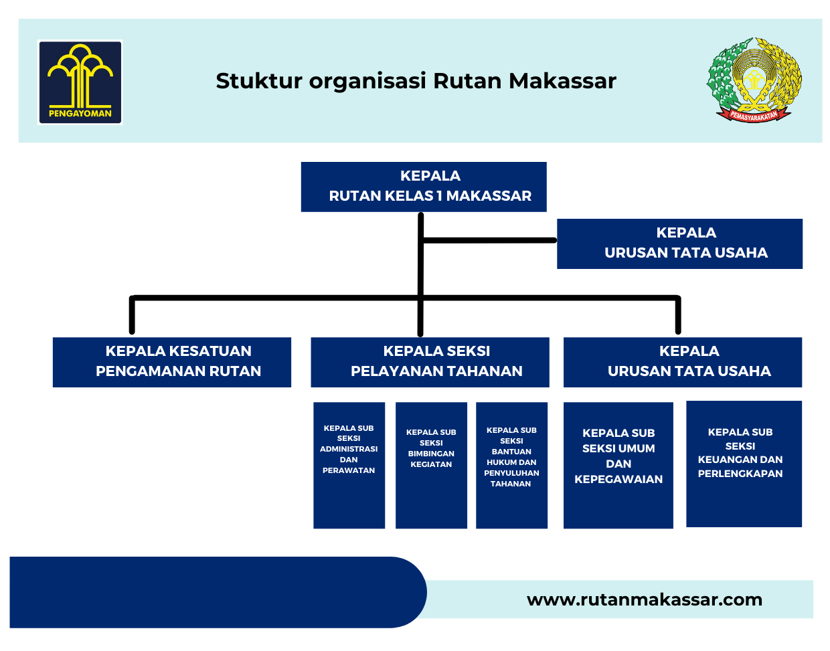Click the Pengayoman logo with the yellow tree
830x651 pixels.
coord(80,82)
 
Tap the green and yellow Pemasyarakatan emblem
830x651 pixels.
coord(753,80)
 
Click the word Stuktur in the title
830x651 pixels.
coord(259,81)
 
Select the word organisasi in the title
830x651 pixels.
coord(367,81)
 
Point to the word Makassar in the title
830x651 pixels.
coord(562,81)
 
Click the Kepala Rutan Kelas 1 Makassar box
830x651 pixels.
coord(423,187)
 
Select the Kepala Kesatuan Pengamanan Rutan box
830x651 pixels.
coord(171,362)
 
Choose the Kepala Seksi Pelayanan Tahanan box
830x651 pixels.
coord(430,362)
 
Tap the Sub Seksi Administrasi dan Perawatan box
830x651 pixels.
coord(349,465)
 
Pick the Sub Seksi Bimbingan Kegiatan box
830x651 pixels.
coord(431,465)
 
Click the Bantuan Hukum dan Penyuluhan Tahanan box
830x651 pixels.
coord(511,465)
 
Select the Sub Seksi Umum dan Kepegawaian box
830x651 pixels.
coord(618,465)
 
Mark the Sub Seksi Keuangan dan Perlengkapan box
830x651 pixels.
coord(744,464)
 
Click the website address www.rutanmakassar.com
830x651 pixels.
coord(644,599)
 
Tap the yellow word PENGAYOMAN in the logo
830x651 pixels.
coord(80,113)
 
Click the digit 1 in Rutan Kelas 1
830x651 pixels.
coord(439,195)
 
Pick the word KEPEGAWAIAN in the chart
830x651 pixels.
coord(618,479)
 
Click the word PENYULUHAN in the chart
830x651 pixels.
coord(511,472)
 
